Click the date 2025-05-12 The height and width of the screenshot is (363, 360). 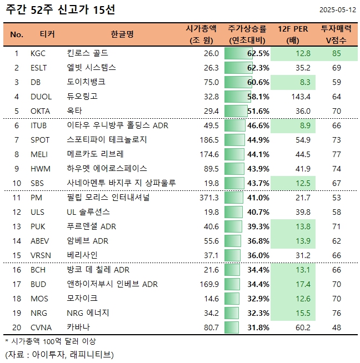[338, 11]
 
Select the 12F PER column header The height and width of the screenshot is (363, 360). [293, 34]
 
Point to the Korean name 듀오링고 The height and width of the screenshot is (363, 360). [82, 97]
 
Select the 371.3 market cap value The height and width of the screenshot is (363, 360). [208, 198]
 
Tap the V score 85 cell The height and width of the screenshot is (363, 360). [336, 54]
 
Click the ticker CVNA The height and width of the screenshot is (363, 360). [42, 327]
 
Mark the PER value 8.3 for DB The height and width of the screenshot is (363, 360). [304, 82]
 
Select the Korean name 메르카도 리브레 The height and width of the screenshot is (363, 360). [97, 154]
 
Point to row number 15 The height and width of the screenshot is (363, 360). [17, 255]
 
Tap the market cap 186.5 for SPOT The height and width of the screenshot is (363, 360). [208, 140]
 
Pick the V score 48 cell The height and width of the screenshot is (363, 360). [336, 327]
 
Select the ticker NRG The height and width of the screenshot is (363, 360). [39, 313]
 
